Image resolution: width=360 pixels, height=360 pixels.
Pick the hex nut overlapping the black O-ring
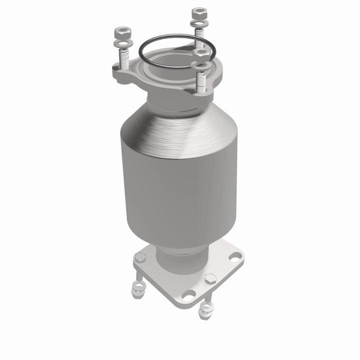coord(201,51)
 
